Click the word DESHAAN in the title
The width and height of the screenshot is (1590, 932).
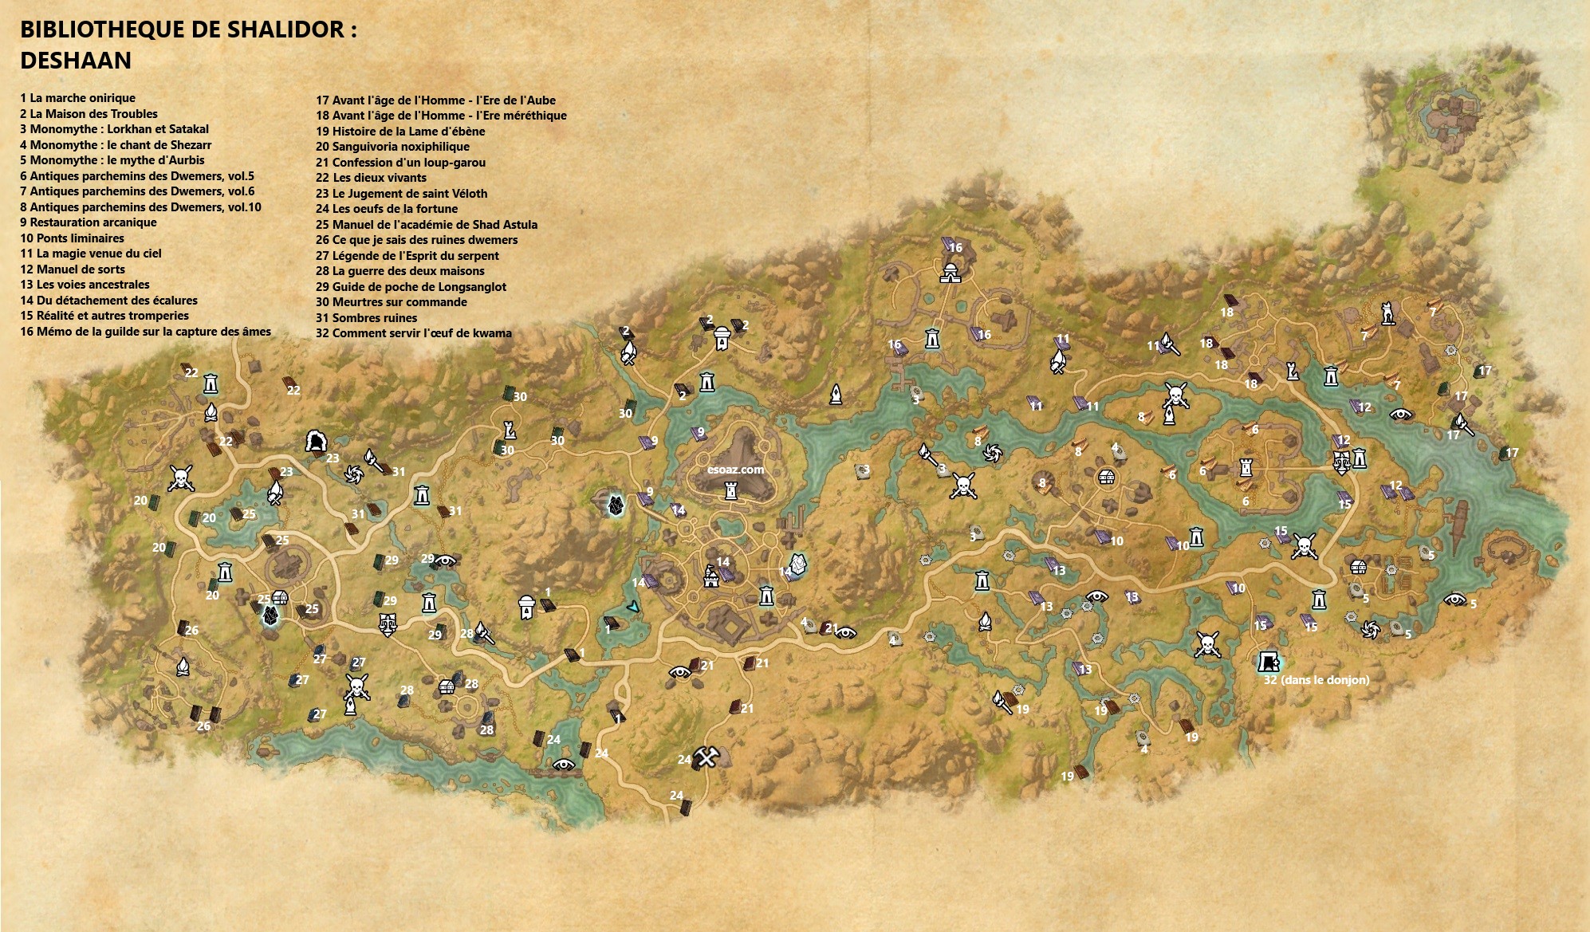pyautogui.click(x=76, y=61)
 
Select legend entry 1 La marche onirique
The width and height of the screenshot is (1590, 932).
pyautogui.click(x=78, y=98)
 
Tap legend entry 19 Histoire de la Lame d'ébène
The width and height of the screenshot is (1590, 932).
pyautogui.click(x=400, y=132)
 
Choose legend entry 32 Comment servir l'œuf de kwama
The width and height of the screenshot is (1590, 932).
pyautogui.click(x=414, y=333)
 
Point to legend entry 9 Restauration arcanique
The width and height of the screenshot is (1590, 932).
pyautogui.click(x=89, y=222)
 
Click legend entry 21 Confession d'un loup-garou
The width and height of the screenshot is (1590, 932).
pyautogui.click(x=400, y=163)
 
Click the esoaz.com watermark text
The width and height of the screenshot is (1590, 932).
pyautogui.click(x=735, y=470)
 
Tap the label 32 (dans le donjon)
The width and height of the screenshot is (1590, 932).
pyautogui.click(x=1316, y=680)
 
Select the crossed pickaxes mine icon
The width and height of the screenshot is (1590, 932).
pyautogui.click(x=706, y=757)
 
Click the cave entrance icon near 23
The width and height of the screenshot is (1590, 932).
pyautogui.click(x=317, y=441)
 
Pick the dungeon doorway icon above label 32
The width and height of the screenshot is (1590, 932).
pyautogui.click(x=1268, y=661)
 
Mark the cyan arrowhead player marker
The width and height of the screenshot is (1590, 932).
pyautogui.click(x=633, y=607)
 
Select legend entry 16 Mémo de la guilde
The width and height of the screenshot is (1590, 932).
pyautogui.click(x=146, y=332)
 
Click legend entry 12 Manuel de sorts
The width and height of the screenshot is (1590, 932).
pyautogui.click(x=73, y=269)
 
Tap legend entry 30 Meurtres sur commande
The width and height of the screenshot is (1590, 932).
pyautogui.click(x=392, y=302)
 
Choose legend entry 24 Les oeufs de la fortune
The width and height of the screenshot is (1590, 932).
pyautogui.click(x=387, y=209)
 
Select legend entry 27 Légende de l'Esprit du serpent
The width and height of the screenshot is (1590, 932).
pyautogui.click(x=407, y=256)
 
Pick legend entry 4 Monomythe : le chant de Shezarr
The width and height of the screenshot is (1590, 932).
pyautogui.click(x=116, y=145)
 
